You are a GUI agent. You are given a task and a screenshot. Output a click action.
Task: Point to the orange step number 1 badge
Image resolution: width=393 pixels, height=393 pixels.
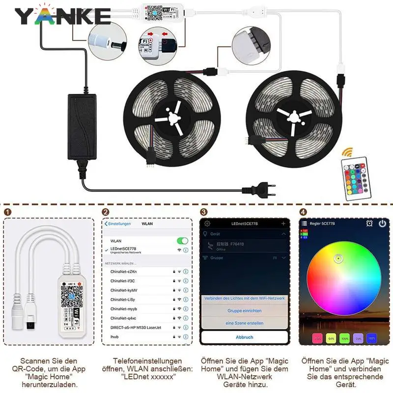click(7, 212)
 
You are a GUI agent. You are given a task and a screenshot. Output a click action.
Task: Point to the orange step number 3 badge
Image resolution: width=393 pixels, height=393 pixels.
click(203, 212)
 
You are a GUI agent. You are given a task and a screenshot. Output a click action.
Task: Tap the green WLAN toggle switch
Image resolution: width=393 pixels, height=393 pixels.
click(182, 241)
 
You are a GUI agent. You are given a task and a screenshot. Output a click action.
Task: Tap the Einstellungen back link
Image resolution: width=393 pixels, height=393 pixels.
click(118, 224)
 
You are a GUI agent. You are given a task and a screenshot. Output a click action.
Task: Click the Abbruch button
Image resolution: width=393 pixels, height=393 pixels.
click(245, 337)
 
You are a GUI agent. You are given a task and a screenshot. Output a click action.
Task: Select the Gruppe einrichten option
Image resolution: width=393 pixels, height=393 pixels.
click(245, 310)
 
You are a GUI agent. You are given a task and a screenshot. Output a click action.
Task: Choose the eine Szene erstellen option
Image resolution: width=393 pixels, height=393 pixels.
click(245, 323)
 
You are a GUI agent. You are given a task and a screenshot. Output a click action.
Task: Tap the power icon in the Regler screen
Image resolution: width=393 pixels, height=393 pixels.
click(383, 224)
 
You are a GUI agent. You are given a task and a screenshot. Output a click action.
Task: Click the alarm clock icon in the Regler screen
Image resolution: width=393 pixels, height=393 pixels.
click(369, 224)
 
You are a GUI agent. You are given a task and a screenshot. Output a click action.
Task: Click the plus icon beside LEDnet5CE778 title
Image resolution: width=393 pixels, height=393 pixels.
click(283, 224)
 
